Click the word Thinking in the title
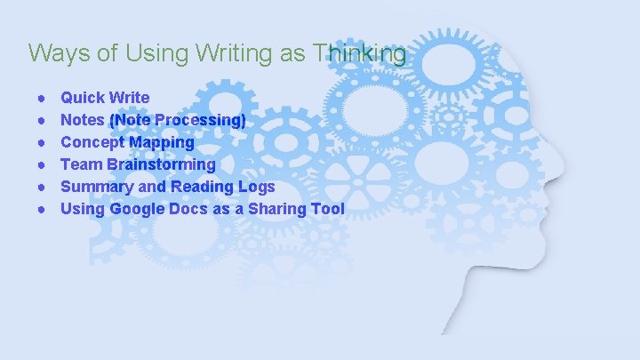pos(360,53)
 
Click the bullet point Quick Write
pos(105,97)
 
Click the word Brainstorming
pos(161,164)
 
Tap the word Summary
pos(94,187)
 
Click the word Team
pos(81,164)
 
